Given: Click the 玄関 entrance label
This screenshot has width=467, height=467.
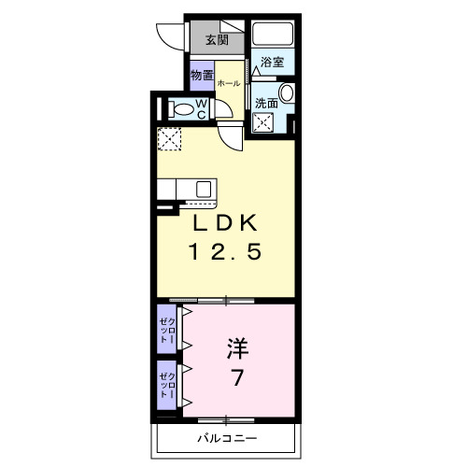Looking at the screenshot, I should tap(217, 40).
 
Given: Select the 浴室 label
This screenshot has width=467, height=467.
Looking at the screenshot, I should tap(273, 63).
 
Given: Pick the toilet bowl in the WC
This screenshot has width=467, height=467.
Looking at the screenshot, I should tap(183, 110).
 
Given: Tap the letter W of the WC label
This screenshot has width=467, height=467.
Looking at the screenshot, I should tap(202, 105).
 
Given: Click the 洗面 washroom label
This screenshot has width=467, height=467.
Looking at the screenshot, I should tap(266, 103).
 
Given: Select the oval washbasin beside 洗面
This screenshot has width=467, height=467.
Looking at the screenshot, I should tap(287, 92).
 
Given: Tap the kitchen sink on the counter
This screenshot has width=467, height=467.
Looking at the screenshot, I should tap(202, 188).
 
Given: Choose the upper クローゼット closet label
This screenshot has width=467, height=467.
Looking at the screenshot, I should tap(165, 330).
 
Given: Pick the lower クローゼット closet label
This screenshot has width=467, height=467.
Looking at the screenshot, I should tap(165, 384).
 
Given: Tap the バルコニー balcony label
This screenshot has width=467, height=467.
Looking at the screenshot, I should tap(226, 438).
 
